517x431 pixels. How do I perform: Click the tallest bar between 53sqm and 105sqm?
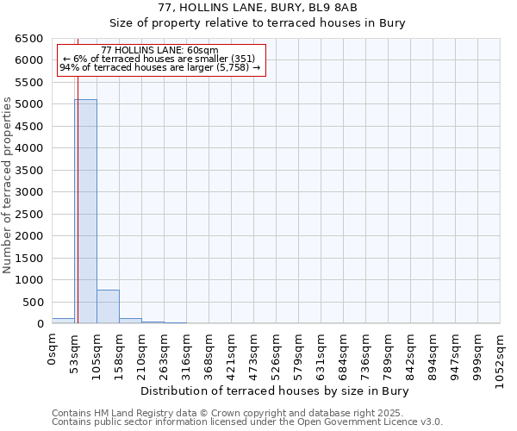tap(85, 211)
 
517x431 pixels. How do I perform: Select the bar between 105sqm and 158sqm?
tap(108, 307)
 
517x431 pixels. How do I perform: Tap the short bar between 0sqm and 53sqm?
tap(63, 321)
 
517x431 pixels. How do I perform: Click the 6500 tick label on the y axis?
tap(28, 39)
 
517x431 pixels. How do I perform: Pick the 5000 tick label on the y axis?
tap(28, 104)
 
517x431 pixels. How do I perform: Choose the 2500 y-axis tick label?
tap(28, 214)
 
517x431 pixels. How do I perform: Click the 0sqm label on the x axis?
tap(53, 351)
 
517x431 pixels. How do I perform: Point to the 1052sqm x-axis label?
tap(501, 358)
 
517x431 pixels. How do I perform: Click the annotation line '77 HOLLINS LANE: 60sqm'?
tap(159, 51)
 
